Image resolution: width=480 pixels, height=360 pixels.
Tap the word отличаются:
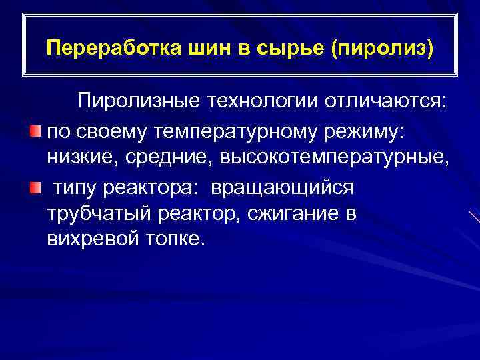tap(386, 101)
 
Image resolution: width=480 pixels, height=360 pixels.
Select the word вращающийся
tap(283, 188)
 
